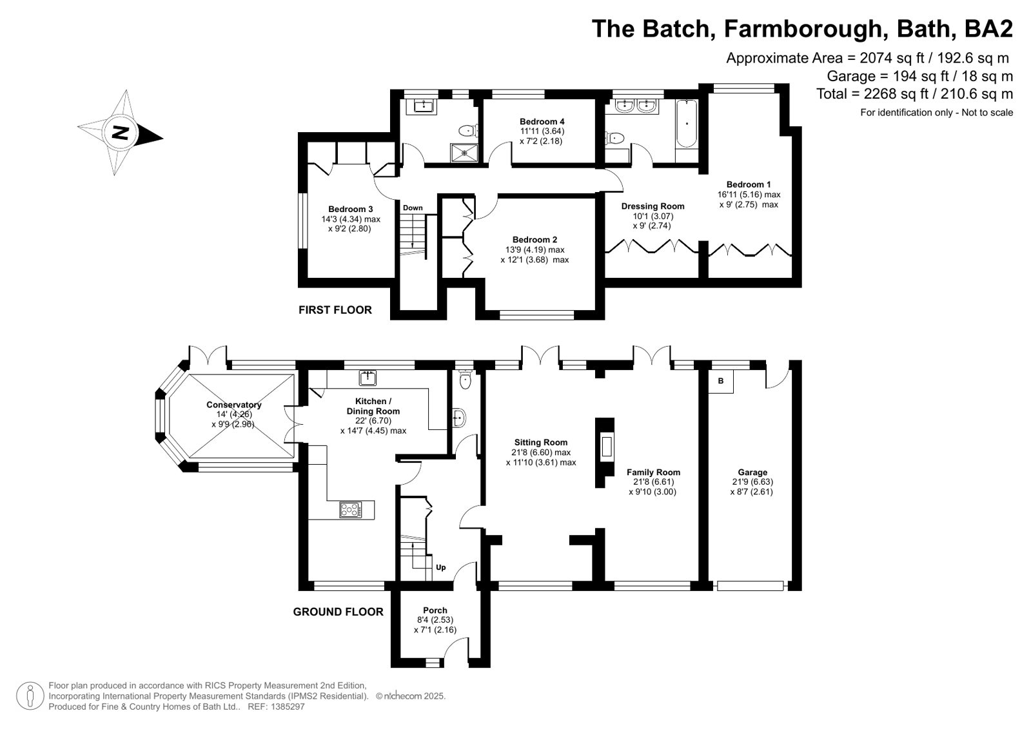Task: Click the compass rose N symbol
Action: (x=120, y=133)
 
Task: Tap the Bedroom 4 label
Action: (x=542, y=121)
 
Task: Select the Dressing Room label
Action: (x=653, y=206)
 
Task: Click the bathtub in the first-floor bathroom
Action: (x=687, y=123)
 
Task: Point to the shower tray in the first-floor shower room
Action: (x=465, y=152)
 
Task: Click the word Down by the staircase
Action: (x=413, y=208)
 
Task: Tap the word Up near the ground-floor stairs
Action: (x=440, y=567)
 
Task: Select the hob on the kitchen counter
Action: (x=350, y=509)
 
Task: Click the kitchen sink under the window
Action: (x=368, y=378)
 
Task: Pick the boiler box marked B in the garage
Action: (x=721, y=381)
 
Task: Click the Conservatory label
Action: (x=234, y=405)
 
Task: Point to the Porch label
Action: (x=435, y=610)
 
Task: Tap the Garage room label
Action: (x=752, y=472)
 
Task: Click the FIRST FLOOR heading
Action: (x=335, y=310)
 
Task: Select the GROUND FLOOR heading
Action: (x=339, y=612)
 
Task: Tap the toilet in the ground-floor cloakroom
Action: (x=466, y=378)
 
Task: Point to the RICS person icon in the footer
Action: (x=30, y=695)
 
